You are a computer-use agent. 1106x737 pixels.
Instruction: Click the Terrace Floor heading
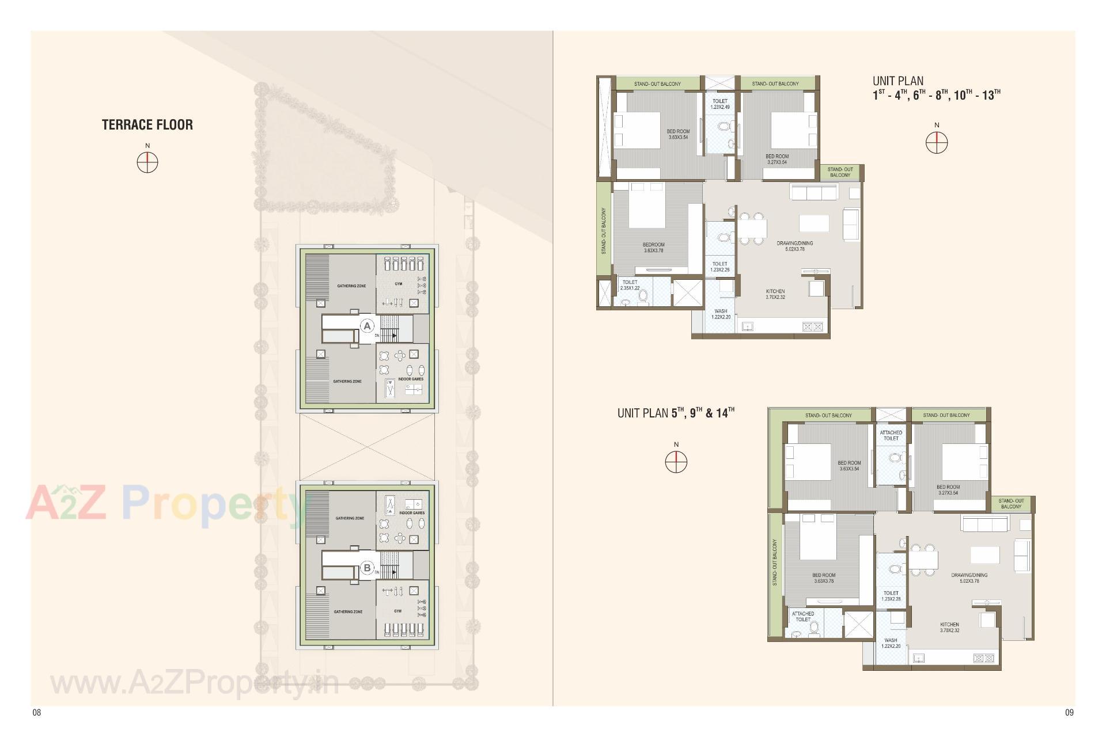(147, 125)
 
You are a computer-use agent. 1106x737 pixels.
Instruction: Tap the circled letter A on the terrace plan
(367, 326)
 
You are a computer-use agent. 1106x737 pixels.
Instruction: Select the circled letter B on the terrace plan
(367, 568)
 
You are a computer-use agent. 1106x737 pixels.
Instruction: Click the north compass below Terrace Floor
(147, 163)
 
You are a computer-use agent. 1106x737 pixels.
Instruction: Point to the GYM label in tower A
(399, 284)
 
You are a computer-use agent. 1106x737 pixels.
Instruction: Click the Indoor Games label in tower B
(412, 512)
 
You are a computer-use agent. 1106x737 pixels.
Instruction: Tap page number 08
(37, 712)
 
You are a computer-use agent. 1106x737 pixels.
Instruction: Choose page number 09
(1069, 712)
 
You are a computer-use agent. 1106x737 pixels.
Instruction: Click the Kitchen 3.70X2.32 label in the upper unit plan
(775, 294)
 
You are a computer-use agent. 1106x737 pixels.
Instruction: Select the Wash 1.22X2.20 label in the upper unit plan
(721, 314)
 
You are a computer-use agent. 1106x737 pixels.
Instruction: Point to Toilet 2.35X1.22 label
(630, 285)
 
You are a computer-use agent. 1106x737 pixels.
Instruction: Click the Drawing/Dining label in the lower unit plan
(969, 578)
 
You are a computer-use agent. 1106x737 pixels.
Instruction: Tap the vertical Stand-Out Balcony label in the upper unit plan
(604, 231)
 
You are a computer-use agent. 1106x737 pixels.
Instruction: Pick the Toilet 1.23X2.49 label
(720, 104)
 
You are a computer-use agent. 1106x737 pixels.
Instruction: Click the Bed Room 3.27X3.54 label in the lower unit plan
(948, 490)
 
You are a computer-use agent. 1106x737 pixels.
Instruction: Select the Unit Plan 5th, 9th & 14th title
(676, 413)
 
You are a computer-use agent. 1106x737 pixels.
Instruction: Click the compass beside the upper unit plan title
(937, 143)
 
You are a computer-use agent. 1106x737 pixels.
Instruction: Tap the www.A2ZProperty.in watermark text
(195, 684)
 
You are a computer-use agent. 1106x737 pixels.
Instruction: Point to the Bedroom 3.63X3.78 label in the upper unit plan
(654, 248)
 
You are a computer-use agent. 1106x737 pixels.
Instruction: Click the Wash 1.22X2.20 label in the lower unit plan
(891, 643)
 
